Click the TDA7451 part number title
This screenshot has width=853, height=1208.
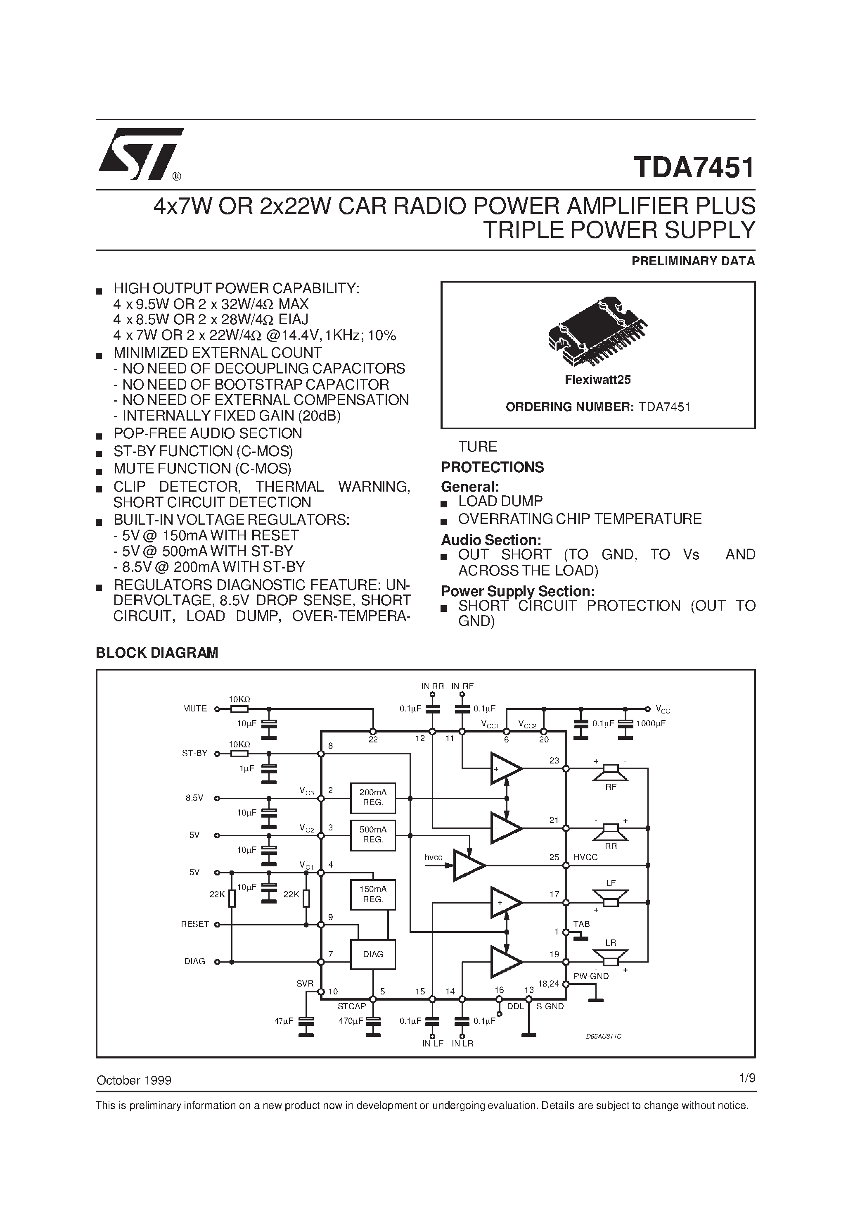tap(694, 168)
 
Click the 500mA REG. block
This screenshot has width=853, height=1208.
tap(373, 835)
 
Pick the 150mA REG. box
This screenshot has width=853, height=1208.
tap(373, 894)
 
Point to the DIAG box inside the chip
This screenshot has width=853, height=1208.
tap(373, 954)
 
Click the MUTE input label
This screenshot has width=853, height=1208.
tap(194, 709)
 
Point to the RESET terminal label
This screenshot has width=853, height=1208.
tap(194, 924)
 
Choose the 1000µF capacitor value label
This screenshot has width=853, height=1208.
tap(651, 723)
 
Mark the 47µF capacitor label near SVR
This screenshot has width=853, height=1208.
tap(284, 1021)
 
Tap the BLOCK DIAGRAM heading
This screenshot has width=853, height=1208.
tap(157, 652)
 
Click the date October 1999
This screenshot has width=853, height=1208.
tap(134, 1080)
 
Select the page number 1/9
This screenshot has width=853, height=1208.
tap(747, 1078)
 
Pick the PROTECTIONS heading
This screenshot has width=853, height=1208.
tap(492, 467)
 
